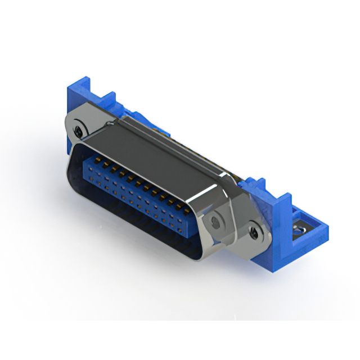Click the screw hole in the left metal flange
pos(78,131)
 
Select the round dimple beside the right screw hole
pos(215,223)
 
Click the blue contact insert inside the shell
pos(135,186)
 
